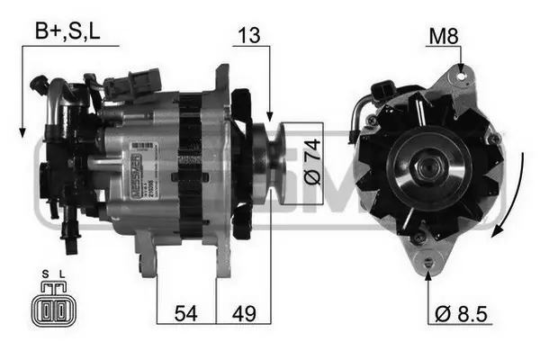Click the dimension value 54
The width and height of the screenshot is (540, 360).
[x=185, y=314]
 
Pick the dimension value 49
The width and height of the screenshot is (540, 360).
[x=243, y=314]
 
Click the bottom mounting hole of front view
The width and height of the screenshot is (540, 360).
[x=427, y=262]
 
